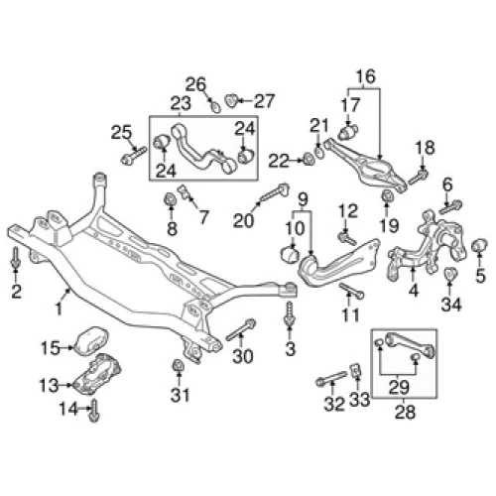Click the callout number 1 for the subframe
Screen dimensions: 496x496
tap(59, 310)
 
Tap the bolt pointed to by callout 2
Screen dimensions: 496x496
tap(15, 258)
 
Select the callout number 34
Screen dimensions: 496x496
tap(451, 305)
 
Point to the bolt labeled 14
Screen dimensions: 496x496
tap(94, 411)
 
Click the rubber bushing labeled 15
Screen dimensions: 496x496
tap(90, 341)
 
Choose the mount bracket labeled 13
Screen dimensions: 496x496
tap(97, 375)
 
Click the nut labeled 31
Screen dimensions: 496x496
tap(179, 366)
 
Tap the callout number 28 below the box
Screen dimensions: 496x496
tap(405, 413)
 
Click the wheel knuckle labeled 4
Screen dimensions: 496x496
tap(427, 246)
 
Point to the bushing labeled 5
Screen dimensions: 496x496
tap(479, 246)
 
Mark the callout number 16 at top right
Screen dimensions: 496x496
tap(366, 76)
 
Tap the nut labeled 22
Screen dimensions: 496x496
tap(309, 160)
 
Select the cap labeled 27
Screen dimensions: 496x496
tap(230, 100)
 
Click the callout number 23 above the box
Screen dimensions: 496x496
tap(181, 103)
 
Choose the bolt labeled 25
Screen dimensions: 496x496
tap(134, 156)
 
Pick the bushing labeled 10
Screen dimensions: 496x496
tap(290, 254)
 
